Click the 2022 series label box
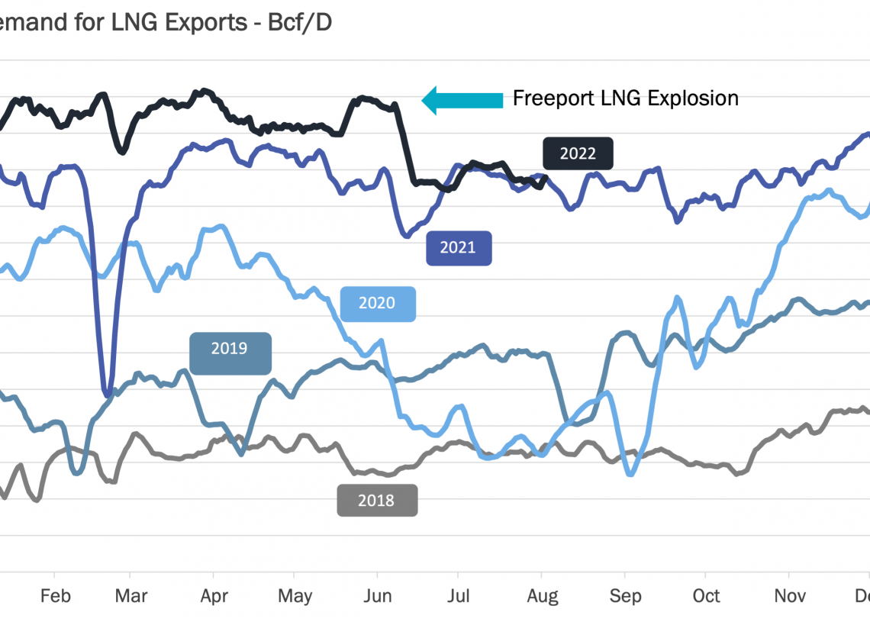point(578,153)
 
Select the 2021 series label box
point(458,248)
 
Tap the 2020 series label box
point(377,304)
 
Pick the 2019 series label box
point(230,350)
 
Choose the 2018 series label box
point(377,501)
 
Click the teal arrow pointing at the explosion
point(462,99)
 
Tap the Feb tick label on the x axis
point(54,596)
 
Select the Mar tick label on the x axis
point(130,596)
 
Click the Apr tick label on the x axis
point(214,596)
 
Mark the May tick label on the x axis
point(295,596)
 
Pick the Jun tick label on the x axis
point(376,596)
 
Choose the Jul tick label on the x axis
point(457,596)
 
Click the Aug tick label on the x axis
point(542,596)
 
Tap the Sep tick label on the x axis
point(625,596)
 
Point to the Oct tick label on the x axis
point(706,596)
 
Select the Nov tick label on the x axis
point(790,596)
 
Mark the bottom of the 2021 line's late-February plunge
point(108,393)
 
